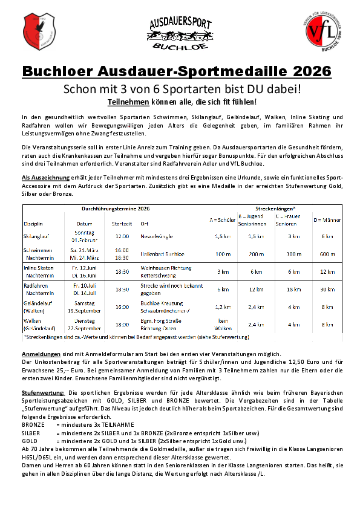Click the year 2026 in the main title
pyautogui.click(x=306, y=71)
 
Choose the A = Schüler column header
pyautogui.click(x=222, y=219)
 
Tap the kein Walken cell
pyautogui.click(x=222, y=325)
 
